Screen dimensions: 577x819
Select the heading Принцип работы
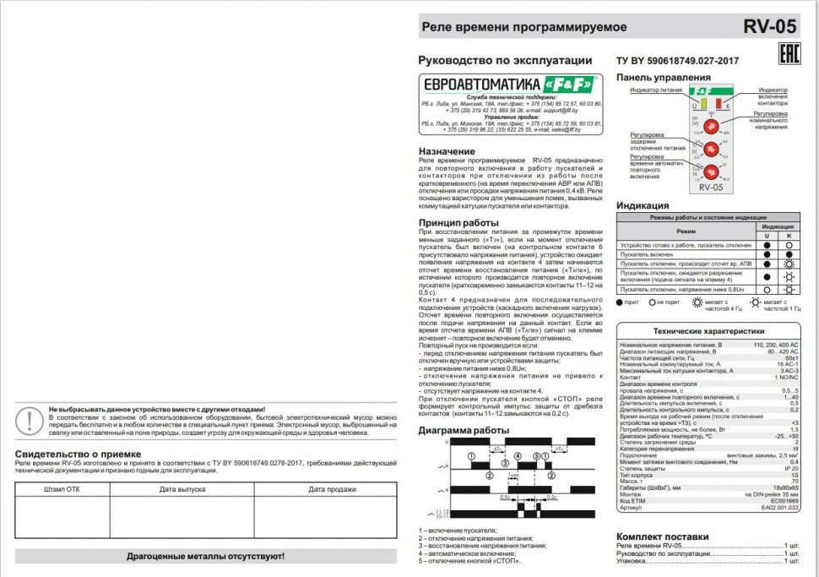pos(458,223)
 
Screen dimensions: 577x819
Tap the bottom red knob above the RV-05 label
pos(711,172)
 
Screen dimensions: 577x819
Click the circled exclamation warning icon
pos(30,420)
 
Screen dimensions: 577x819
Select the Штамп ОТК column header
pos(62,488)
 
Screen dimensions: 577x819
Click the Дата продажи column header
pos(331,488)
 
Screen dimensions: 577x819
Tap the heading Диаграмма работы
pos(464,430)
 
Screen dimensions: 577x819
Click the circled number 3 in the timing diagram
pos(505,464)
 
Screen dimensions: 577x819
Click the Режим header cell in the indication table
pos(686,231)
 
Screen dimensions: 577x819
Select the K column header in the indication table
pos(789,235)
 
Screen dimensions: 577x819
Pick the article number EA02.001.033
pos(779,508)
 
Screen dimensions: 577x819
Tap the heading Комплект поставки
pos(662,536)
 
